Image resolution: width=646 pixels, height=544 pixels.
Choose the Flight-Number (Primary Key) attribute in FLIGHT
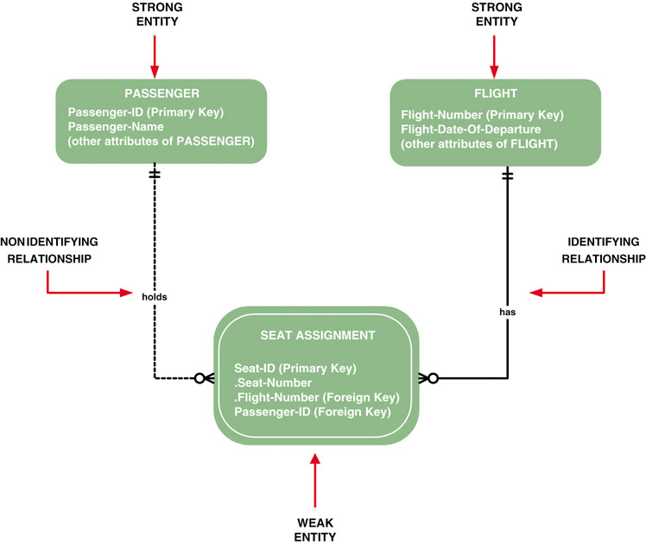(482, 115)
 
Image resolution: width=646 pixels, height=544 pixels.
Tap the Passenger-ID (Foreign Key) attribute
(312, 413)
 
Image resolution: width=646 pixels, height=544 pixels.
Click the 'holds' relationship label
(155, 296)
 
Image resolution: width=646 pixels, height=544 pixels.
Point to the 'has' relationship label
(507, 313)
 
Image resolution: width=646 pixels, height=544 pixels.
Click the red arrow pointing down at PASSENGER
(155, 56)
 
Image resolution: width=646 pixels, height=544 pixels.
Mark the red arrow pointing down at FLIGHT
(494, 56)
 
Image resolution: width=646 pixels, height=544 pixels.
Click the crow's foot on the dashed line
(204, 378)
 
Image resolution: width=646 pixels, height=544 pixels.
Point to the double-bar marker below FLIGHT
(507, 175)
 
